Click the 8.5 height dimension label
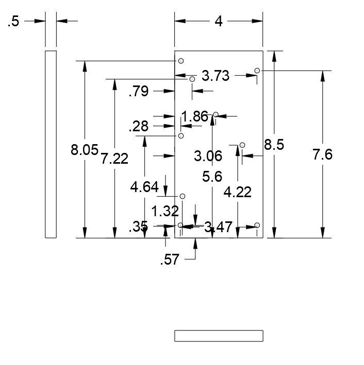[274, 145]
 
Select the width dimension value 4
[219, 22]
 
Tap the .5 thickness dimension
[13, 22]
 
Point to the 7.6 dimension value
[323, 154]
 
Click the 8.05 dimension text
[85, 150]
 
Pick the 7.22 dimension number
[114, 159]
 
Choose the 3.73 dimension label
[215, 76]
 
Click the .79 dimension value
[139, 92]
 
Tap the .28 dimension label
[139, 126]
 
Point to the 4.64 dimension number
[144, 187]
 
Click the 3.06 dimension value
[208, 155]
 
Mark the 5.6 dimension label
[212, 177]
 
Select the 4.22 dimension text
[237, 192]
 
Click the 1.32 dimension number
[165, 211]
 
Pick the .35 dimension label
[139, 227]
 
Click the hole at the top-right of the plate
[257, 71]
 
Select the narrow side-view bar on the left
[51, 144]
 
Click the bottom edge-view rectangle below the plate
[219, 336]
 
